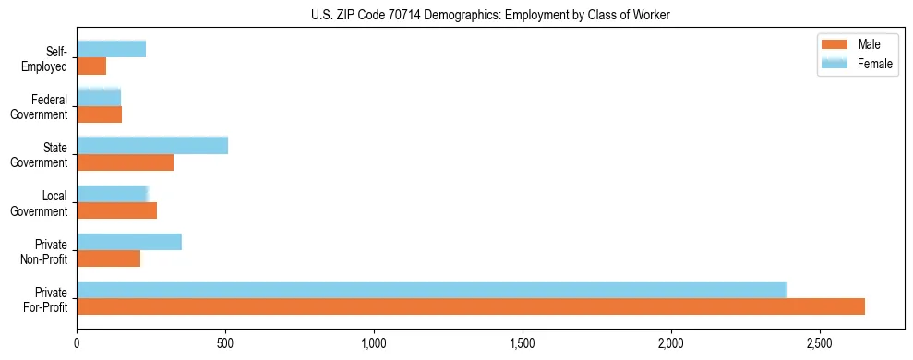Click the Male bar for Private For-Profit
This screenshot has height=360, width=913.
[471, 306]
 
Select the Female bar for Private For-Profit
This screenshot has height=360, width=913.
[431, 290]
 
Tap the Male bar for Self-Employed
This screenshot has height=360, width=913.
[91, 66]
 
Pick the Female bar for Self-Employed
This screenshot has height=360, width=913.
[111, 49]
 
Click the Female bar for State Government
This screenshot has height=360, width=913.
[152, 146]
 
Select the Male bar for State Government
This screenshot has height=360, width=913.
[126, 162]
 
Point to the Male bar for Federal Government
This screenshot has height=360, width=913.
[100, 114]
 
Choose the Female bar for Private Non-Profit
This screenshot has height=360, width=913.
[129, 242]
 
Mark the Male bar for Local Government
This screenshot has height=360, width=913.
[117, 210]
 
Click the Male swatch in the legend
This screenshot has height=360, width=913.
[834, 44]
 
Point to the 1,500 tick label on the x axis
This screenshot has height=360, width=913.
[523, 343]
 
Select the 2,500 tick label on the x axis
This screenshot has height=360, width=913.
[820, 343]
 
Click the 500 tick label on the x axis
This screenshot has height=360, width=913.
[225, 343]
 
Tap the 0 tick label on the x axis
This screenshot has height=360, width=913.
[78, 343]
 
